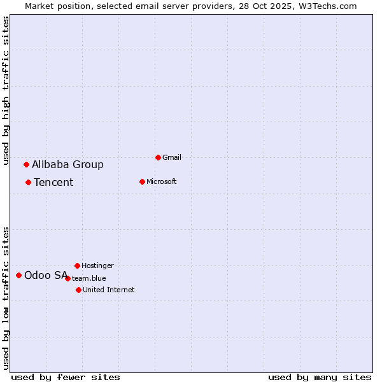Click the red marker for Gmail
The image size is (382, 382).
[158, 157]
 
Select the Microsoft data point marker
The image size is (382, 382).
[142, 181]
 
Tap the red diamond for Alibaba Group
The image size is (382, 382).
[26, 164]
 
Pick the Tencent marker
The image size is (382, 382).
[28, 182]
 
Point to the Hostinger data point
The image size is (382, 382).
[77, 265]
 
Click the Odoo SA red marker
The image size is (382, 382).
[18, 275]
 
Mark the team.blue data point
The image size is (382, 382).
[67, 278]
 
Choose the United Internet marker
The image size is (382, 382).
[78, 290]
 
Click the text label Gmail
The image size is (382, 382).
[172, 157]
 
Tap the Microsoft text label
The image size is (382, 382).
[162, 181]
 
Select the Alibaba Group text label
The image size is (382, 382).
[67, 164]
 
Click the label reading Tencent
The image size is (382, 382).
[53, 182]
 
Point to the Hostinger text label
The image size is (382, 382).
[97, 265]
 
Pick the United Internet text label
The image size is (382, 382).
[109, 290]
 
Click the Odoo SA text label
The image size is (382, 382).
[45, 275]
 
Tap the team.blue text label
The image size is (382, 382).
[89, 278]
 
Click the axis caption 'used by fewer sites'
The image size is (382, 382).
[66, 377]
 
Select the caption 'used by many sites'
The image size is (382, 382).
[320, 377]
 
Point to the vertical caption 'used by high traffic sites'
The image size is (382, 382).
[6, 90]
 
